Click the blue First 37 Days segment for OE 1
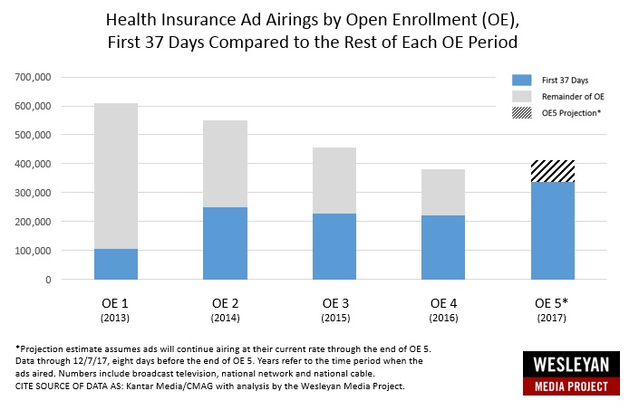(x=115, y=263)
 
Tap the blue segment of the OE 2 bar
(x=225, y=243)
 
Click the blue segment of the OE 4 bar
(x=443, y=247)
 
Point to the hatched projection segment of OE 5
(x=553, y=171)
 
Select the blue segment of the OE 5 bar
(x=553, y=231)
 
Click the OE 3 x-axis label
(x=334, y=301)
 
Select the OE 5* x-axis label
(x=554, y=301)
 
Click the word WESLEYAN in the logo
(x=572, y=367)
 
